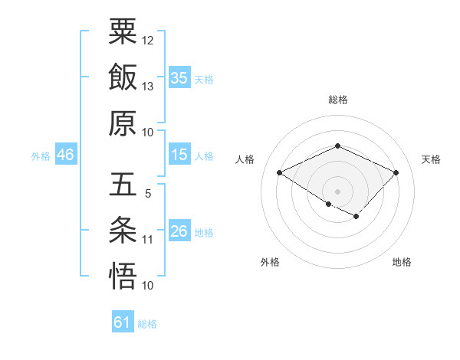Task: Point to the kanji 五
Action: click(123, 185)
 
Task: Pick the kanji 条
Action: click(123, 231)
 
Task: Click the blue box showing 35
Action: click(179, 78)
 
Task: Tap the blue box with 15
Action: click(179, 155)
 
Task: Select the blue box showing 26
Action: click(179, 232)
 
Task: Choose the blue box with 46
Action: click(65, 155)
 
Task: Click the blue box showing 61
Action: click(123, 323)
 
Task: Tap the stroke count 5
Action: click(147, 194)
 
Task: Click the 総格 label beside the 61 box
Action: click(147, 324)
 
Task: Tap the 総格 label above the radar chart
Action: click(337, 100)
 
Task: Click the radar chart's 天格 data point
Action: click(396, 173)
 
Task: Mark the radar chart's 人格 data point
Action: click(280, 173)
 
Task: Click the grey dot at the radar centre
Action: click(337, 190)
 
